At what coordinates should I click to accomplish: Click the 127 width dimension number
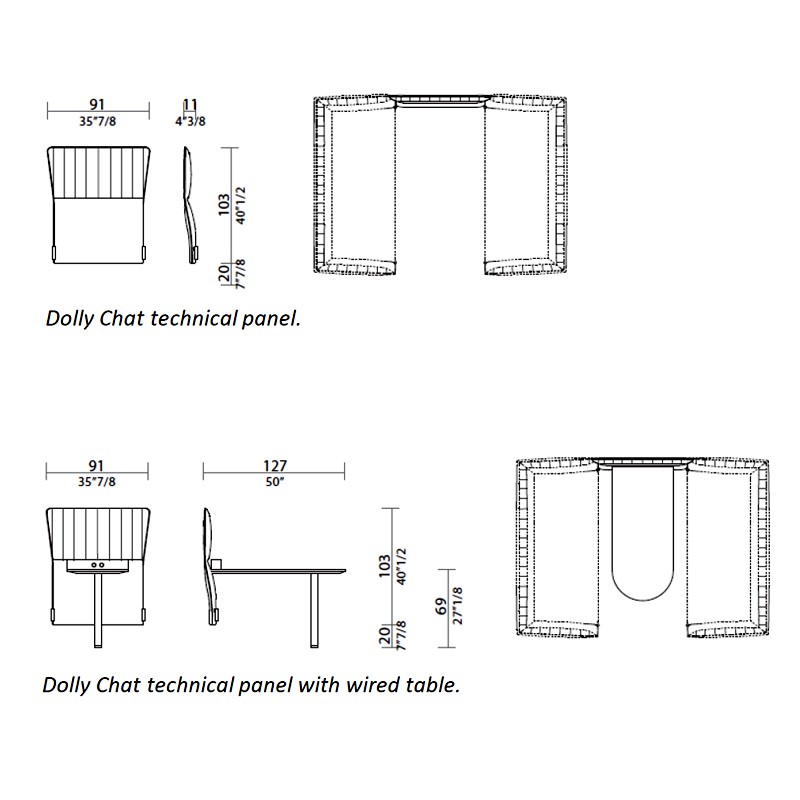pyautogui.click(x=274, y=465)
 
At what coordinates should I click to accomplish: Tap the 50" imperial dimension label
pyautogui.click(x=274, y=482)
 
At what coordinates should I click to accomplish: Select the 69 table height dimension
pyautogui.click(x=441, y=606)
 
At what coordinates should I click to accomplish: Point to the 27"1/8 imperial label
pyautogui.click(x=458, y=606)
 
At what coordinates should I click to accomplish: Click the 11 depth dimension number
pyautogui.click(x=190, y=105)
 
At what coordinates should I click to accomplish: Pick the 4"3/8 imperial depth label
pyautogui.click(x=190, y=121)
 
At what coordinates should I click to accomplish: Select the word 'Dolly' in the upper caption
pyautogui.click(x=70, y=319)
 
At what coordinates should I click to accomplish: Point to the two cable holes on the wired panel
pyautogui.click(x=97, y=565)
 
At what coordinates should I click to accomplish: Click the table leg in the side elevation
pyautogui.click(x=314, y=610)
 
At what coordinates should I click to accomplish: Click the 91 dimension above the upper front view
pyautogui.click(x=97, y=105)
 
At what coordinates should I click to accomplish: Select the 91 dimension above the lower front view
pyautogui.click(x=96, y=465)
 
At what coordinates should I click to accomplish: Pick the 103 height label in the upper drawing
pyautogui.click(x=224, y=205)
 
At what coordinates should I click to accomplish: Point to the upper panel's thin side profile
pyautogui.click(x=189, y=205)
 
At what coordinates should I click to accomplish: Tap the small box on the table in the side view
pyautogui.click(x=216, y=564)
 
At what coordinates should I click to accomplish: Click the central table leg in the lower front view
pyautogui.click(x=98, y=610)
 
